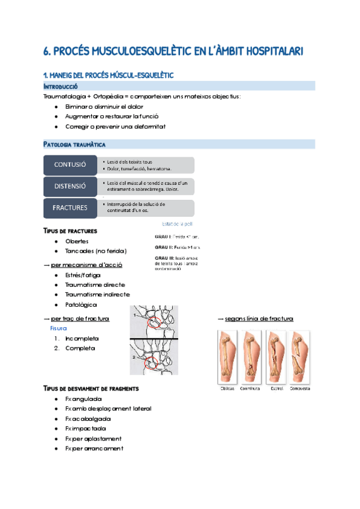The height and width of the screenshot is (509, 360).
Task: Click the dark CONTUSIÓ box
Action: (70, 164)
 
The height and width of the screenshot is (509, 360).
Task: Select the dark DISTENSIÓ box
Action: (70, 186)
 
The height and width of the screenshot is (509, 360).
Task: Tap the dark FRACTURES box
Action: (70, 208)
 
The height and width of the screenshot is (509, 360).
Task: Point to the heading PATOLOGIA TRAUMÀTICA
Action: (75, 145)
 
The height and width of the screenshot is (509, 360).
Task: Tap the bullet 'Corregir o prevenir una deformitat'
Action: (115, 127)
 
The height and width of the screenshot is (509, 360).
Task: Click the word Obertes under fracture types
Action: (77, 241)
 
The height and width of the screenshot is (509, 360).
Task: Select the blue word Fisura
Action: (58, 329)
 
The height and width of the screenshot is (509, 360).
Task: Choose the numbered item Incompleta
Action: (84, 339)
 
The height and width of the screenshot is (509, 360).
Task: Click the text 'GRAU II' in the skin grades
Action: (163, 247)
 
